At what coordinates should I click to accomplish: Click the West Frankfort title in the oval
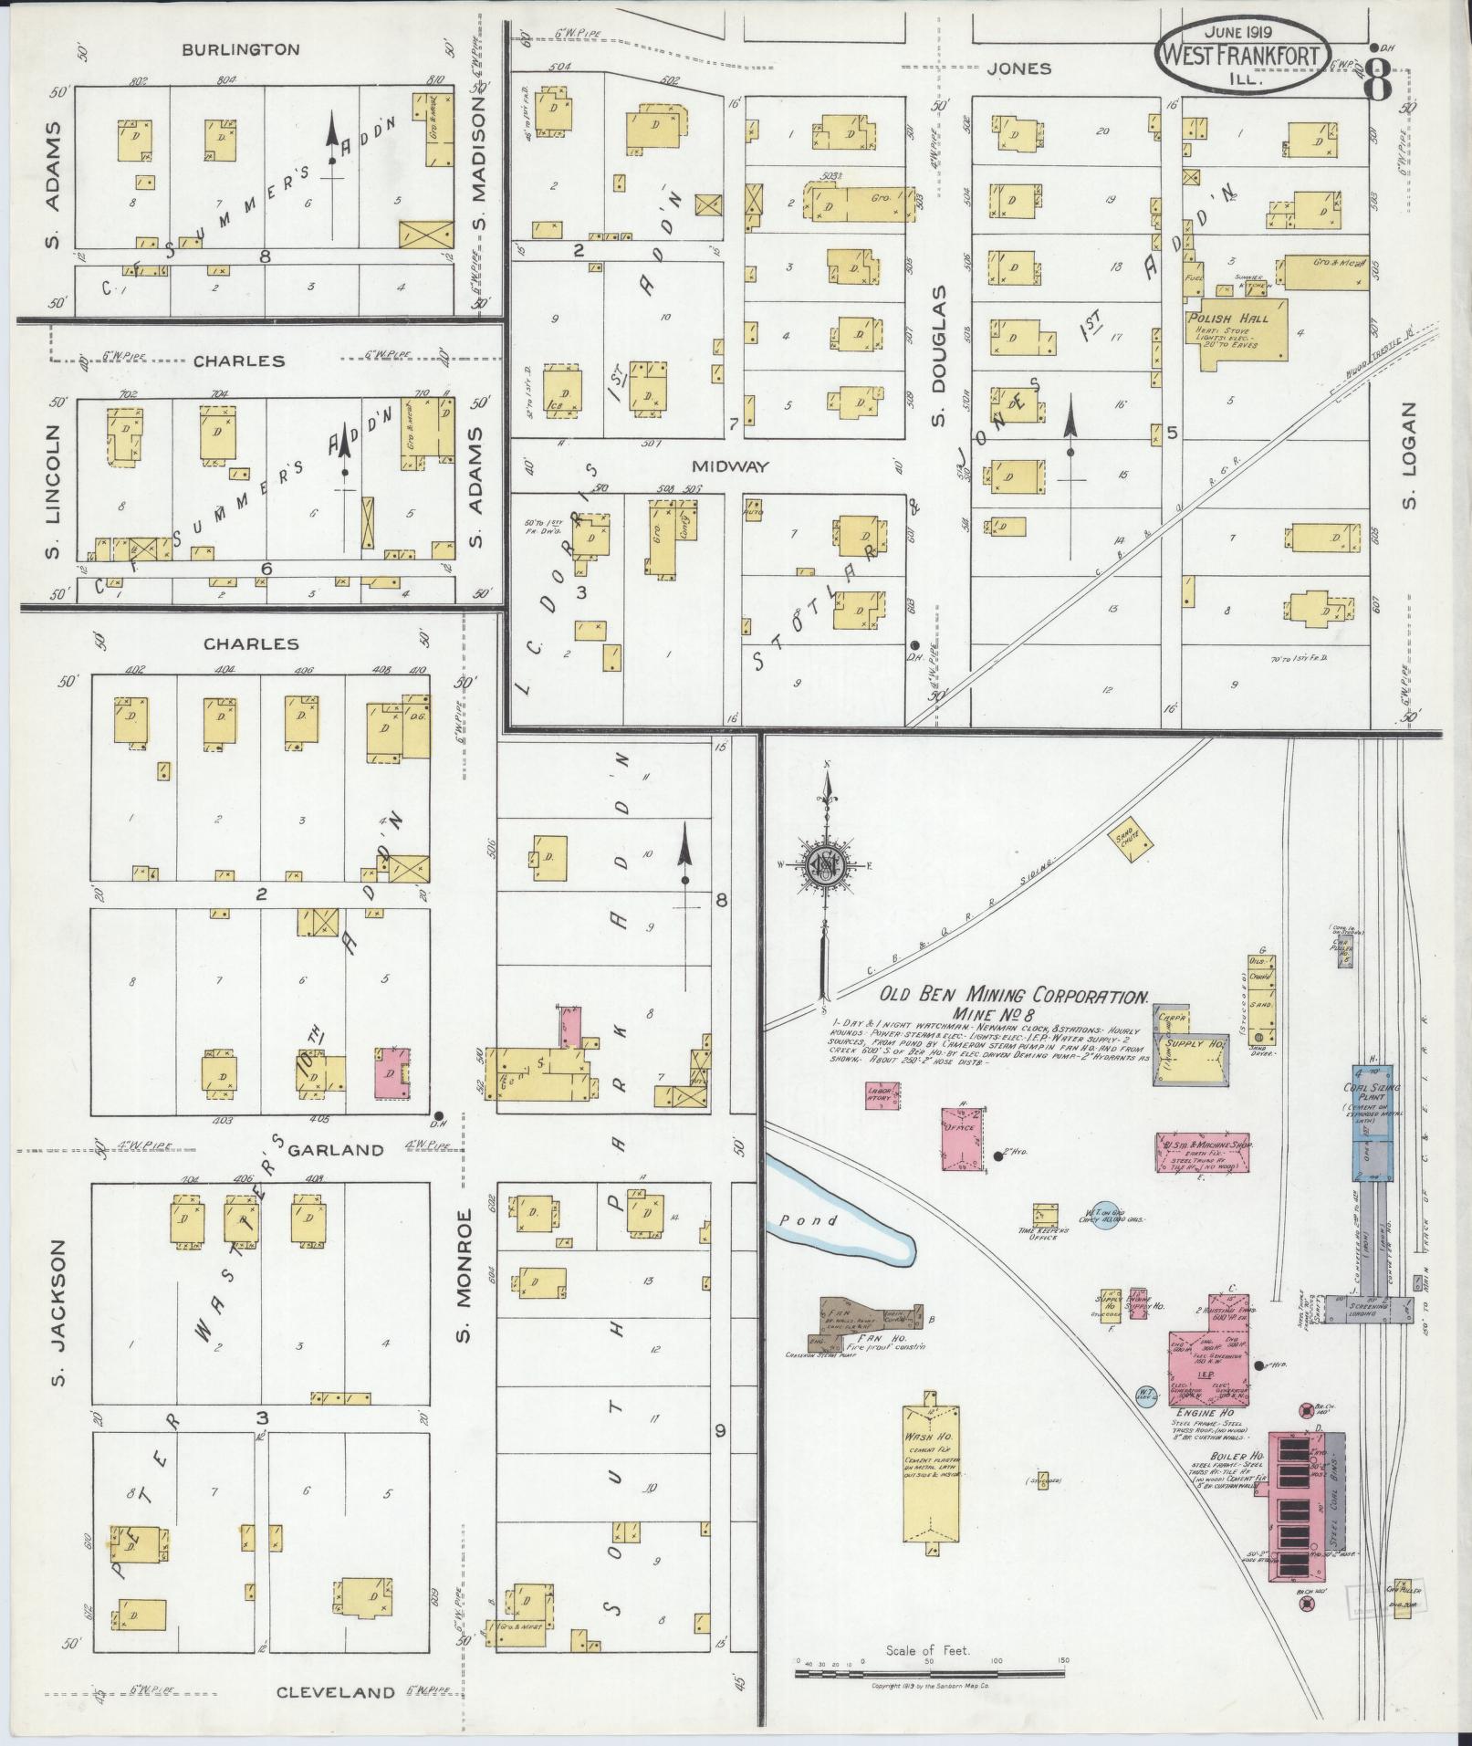[1240, 56]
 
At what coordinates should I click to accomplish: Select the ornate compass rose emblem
[826, 866]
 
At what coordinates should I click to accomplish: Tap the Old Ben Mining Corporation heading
[1013, 996]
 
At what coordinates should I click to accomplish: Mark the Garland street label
[336, 1150]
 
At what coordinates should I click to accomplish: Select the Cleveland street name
[335, 1692]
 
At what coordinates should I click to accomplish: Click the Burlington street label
[241, 49]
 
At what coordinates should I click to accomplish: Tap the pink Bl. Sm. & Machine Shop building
[1203, 1153]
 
